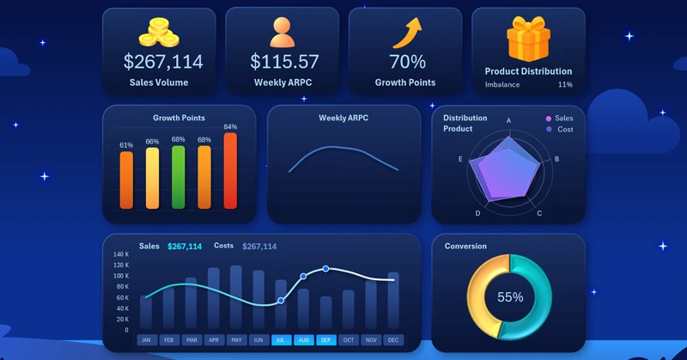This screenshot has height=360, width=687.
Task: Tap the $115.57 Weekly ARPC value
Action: pyautogui.click(x=284, y=62)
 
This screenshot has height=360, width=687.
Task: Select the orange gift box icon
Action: pyautogui.click(x=528, y=39)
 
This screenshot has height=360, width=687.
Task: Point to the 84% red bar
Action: pyautogui.click(x=230, y=170)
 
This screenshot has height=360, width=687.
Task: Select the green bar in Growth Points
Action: pyautogui.click(x=179, y=176)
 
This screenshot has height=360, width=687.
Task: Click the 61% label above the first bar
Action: pyautogui.click(x=126, y=145)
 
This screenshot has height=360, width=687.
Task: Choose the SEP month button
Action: pyautogui.click(x=326, y=340)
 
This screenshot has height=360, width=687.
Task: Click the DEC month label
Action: pyautogui.click(x=393, y=340)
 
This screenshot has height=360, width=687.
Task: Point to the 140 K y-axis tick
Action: pyautogui.click(x=121, y=255)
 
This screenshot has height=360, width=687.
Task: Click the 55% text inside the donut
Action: pyautogui.click(x=510, y=297)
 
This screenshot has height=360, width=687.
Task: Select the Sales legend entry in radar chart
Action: pyautogui.click(x=559, y=119)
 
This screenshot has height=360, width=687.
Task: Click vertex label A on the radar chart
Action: pyautogui.click(x=508, y=121)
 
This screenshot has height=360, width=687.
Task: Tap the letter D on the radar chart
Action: pyautogui.click(x=477, y=212)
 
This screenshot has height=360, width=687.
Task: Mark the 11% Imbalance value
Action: pyautogui.click(x=565, y=85)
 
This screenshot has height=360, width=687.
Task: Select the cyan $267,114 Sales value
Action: pyautogui.click(x=185, y=247)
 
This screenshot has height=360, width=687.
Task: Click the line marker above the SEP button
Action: pyautogui.click(x=325, y=269)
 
